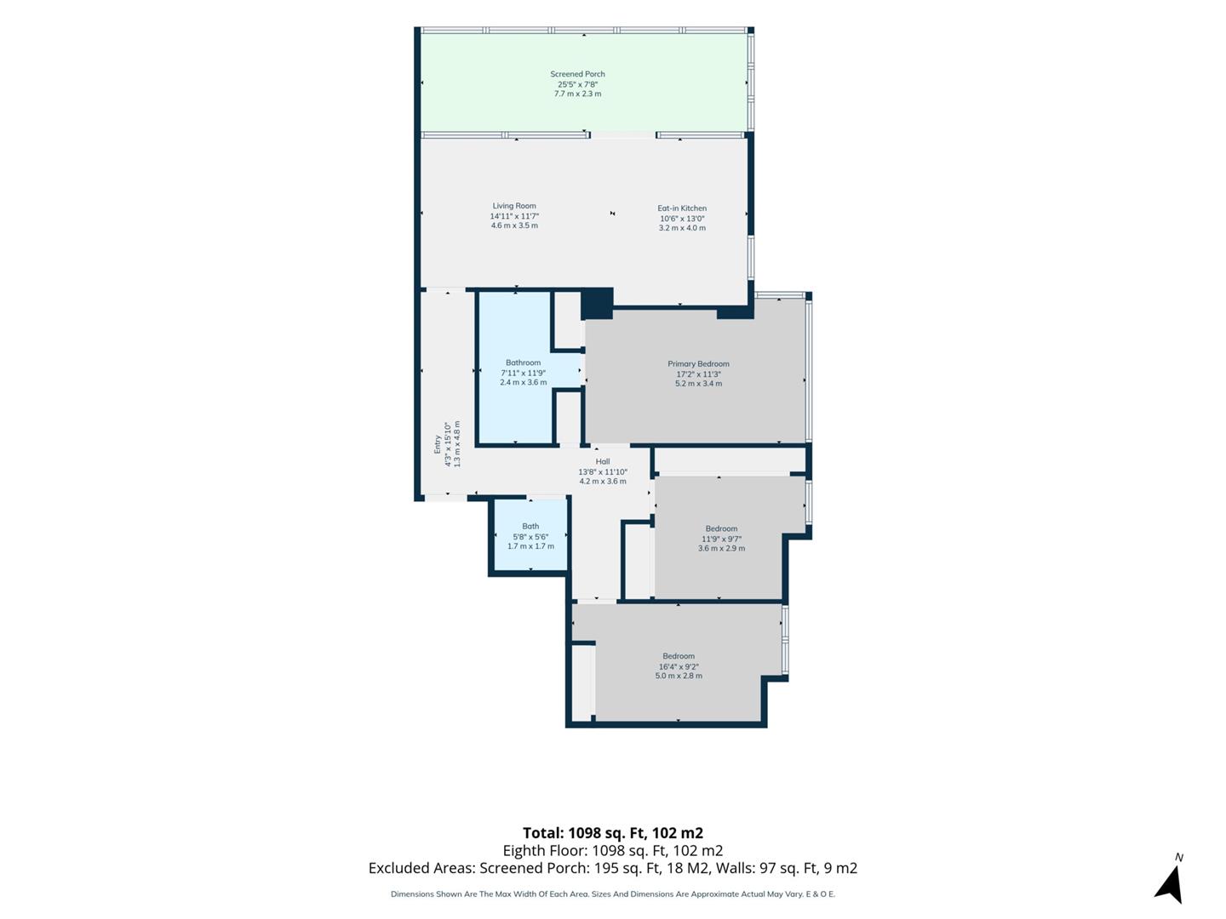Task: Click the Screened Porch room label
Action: [577, 74]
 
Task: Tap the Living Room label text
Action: [514, 206]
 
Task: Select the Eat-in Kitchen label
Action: [682, 208]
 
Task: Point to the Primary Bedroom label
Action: [698, 364]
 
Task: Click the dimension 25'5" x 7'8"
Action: [577, 84]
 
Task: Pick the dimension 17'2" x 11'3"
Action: [698, 374]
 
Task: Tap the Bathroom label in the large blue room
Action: [523, 362]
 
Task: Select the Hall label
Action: [602, 461]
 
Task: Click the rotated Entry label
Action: [438, 444]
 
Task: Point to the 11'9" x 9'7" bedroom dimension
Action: [721, 539]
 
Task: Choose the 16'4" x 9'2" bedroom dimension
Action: [679, 666]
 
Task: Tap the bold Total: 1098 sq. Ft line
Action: [613, 833]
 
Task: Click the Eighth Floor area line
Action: [613, 850]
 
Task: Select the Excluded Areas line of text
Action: [613, 868]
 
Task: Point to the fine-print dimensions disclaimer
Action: [613, 893]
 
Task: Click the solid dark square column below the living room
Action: [597, 304]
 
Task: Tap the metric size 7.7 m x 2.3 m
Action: [577, 94]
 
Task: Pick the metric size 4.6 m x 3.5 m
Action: [514, 225]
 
